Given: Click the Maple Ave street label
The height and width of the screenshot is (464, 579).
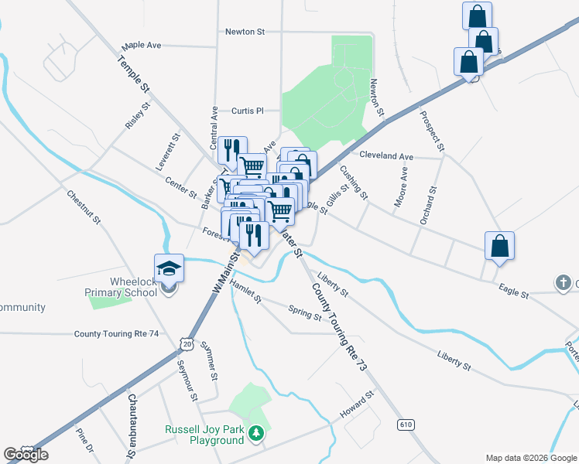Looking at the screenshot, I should pos(141,46).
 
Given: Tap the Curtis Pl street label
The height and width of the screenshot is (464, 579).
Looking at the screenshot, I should pos(247,111).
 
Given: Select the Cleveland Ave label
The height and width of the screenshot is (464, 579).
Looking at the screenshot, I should pos(386,156).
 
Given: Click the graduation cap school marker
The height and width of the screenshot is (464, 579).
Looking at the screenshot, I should pos(169,268).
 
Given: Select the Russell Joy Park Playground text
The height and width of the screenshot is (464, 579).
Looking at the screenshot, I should pos(204,435).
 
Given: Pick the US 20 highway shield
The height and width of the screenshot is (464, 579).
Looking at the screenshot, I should pos(186,342).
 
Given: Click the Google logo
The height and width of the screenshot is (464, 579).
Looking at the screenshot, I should pos(26,455).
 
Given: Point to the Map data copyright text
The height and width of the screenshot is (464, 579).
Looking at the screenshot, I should pos(530,458).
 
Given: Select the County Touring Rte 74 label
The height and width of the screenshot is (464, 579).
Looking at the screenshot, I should pos(116,334).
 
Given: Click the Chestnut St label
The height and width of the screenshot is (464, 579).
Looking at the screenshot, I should pos(84,207).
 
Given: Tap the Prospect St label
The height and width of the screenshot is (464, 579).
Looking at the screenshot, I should pos(432,131).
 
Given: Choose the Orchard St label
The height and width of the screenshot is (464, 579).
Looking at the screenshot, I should pos(427,205).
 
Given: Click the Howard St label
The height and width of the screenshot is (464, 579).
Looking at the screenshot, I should pos(358,405).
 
